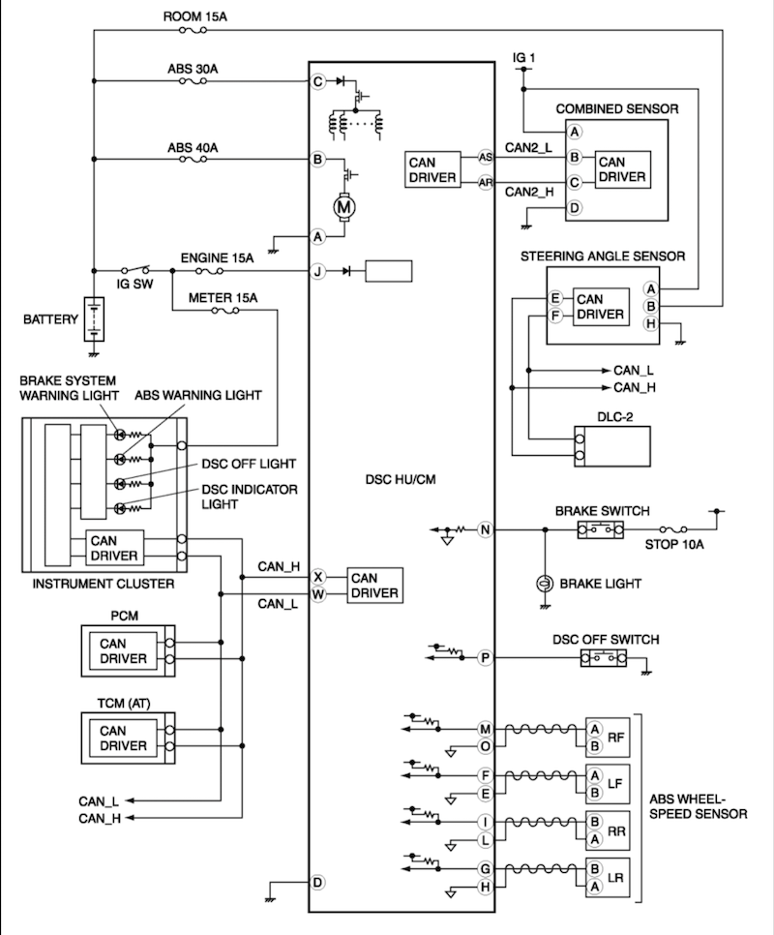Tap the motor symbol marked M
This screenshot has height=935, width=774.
(344, 205)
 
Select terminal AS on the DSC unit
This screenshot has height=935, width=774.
(485, 157)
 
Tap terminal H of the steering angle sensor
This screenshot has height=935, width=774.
(651, 323)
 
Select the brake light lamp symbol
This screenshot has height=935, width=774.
(545, 584)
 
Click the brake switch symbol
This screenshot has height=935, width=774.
(600, 529)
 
